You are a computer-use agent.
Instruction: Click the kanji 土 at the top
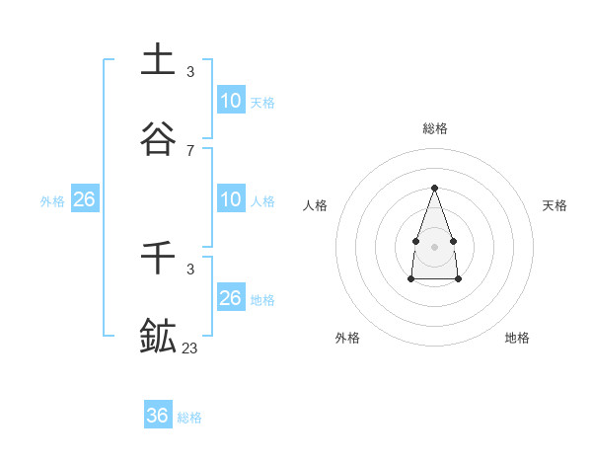click(158, 59)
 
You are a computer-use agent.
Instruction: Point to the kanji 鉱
click(158, 336)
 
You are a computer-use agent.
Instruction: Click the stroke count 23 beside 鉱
click(190, 348)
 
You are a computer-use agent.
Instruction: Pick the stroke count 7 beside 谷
click(190, 151)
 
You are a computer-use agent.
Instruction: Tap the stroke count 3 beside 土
click(190, 72)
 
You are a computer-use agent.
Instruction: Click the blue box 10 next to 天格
click(231, 100)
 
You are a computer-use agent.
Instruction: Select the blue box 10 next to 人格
click(231, 199)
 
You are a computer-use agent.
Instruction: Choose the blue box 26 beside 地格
click(231, 297)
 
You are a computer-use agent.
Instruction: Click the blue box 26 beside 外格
click(85, 199)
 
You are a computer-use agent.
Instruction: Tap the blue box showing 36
click(158, 416)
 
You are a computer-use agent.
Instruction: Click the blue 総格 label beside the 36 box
click(189, 418)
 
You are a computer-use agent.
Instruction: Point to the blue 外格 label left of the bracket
click(52, 201)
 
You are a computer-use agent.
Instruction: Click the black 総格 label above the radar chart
click(435, 128)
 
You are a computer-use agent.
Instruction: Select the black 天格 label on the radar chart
click(555, 205)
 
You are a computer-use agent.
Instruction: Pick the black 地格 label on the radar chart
click(517, 338)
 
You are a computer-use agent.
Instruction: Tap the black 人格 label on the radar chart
click(316, 205)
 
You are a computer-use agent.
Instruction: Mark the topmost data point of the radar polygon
click(434, 188)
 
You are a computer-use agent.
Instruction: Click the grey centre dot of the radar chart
click(434, 245)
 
